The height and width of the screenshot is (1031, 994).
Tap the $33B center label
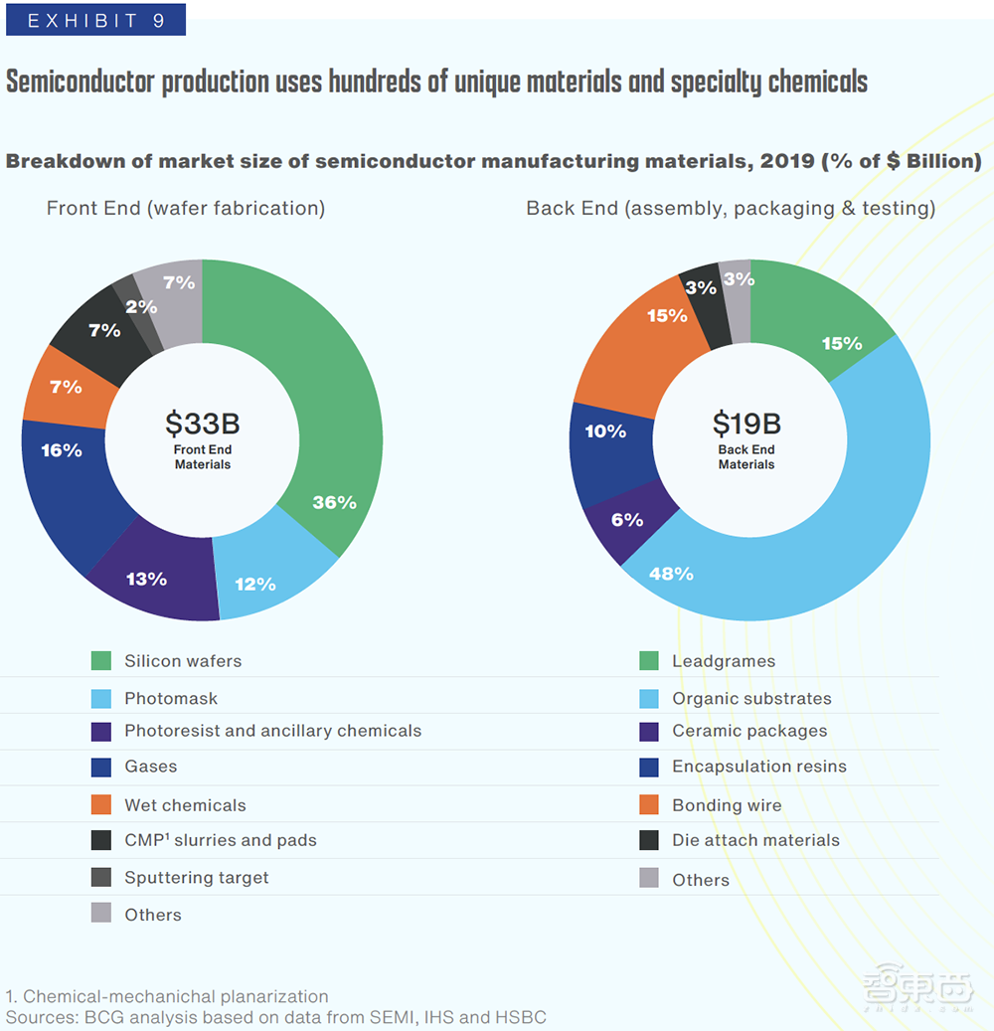click(203, 425)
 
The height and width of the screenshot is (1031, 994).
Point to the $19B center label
click(746, 425)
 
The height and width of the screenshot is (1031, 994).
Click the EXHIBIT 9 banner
click(95, 20)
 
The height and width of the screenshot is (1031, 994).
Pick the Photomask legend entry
click(170, 699)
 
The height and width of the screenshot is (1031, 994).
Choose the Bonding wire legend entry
click(727, 805)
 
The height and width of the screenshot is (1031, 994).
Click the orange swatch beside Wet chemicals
click(100, 805)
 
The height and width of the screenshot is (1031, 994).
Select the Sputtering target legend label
click(196, 878)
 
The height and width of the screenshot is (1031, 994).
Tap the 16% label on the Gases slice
click(62, 450)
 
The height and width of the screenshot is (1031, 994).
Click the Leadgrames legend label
click(723, 661)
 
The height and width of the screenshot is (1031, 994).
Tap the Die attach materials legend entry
click(755, 841)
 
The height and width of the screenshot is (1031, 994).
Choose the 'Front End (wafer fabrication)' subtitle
click(186, 209)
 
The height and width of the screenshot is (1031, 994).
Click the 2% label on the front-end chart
click(141, 307)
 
